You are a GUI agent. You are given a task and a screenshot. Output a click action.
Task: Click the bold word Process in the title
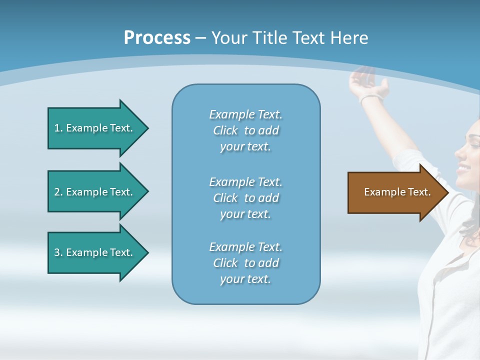157,38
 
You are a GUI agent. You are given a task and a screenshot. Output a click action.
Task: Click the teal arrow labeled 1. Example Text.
95,128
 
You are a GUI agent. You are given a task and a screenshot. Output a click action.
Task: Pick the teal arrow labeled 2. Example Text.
95,192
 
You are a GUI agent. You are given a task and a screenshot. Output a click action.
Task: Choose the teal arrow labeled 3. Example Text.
95,252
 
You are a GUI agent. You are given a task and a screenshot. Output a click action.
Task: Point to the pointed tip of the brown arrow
447,192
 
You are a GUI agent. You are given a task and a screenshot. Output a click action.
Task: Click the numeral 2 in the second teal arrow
57,192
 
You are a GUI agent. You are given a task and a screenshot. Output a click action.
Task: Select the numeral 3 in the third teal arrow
57,252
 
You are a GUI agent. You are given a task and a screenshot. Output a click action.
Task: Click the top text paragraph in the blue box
245,130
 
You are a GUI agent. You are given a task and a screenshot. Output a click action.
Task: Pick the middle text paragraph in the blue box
245,198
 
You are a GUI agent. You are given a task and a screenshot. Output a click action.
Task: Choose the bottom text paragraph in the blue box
245,263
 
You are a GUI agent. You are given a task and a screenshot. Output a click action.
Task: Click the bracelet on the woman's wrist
370,97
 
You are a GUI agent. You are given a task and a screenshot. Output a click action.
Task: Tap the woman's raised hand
367,80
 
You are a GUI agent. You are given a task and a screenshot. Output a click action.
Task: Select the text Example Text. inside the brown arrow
397,192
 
